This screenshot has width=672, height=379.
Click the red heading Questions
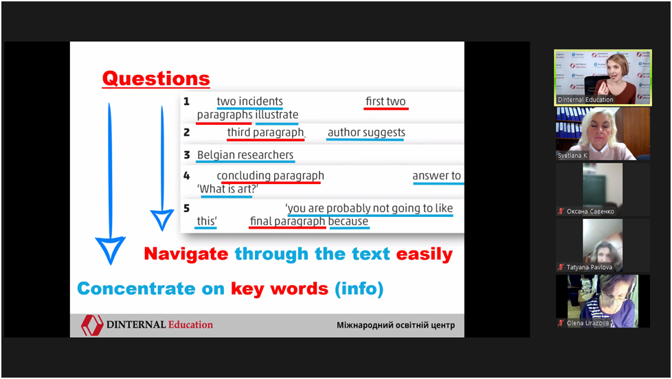point(156,78)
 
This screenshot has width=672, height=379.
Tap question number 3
point(186,154)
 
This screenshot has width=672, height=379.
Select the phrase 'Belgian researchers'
point(245,154)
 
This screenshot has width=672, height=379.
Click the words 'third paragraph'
point(265,133)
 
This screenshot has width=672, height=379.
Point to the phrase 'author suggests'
point(366,133)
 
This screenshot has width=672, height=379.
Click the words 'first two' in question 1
point(385,102)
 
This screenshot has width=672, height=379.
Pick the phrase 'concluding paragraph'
point(271,176)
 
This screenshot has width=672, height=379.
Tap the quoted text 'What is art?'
point(227,189)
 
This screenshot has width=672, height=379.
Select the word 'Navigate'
point(186,254)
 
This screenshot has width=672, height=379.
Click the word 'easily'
point(424,254)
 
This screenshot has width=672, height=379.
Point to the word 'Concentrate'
point(136,288)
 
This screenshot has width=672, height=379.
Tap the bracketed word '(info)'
point(359,288)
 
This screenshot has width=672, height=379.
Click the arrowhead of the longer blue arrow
point(110,250)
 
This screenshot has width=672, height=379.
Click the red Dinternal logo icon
point(92,325)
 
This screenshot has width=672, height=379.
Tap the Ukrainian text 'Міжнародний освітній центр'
point(396,325)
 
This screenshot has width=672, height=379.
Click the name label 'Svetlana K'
point(572,155)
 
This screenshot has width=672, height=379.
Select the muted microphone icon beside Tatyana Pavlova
point(561,267)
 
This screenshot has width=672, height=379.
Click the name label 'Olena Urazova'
point(587,323)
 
